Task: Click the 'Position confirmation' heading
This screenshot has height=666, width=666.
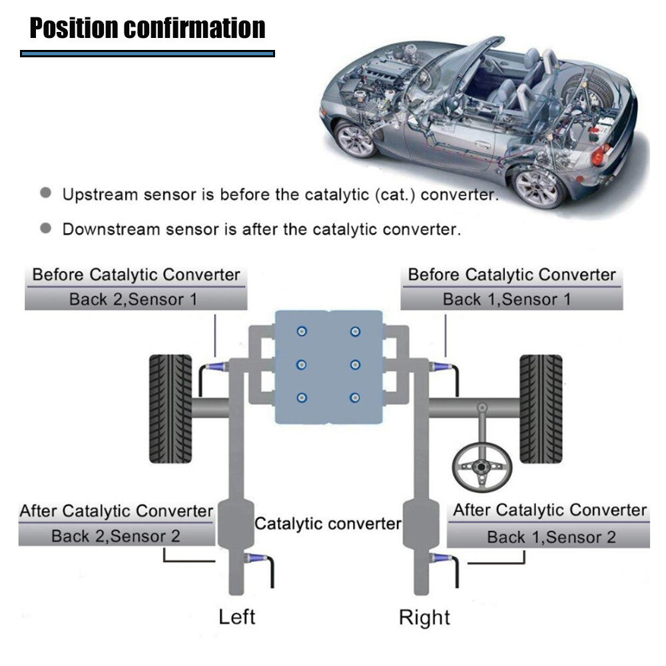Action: coord(147,28)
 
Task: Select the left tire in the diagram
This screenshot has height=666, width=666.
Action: coord(170,408)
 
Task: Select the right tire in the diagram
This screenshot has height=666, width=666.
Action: coord(541,408)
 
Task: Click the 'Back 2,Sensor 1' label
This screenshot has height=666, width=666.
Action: coord(133,299)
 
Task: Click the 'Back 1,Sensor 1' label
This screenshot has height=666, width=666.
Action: coord(507,299)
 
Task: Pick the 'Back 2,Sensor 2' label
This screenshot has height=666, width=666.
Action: coord(116,535)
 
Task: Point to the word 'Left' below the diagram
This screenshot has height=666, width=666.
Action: coord(237,616)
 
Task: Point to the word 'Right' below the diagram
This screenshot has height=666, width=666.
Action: coord(425,617)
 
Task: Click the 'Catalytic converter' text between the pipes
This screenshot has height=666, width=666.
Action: coord(328,523)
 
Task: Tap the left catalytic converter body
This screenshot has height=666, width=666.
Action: coord(236,523)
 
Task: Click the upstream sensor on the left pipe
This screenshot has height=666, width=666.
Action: coord(217,366)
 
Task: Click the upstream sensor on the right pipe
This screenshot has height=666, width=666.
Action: coord(440,366)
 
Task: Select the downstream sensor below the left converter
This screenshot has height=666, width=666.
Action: coord(256,558)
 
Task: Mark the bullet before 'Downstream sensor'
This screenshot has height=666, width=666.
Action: coord(45,228)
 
